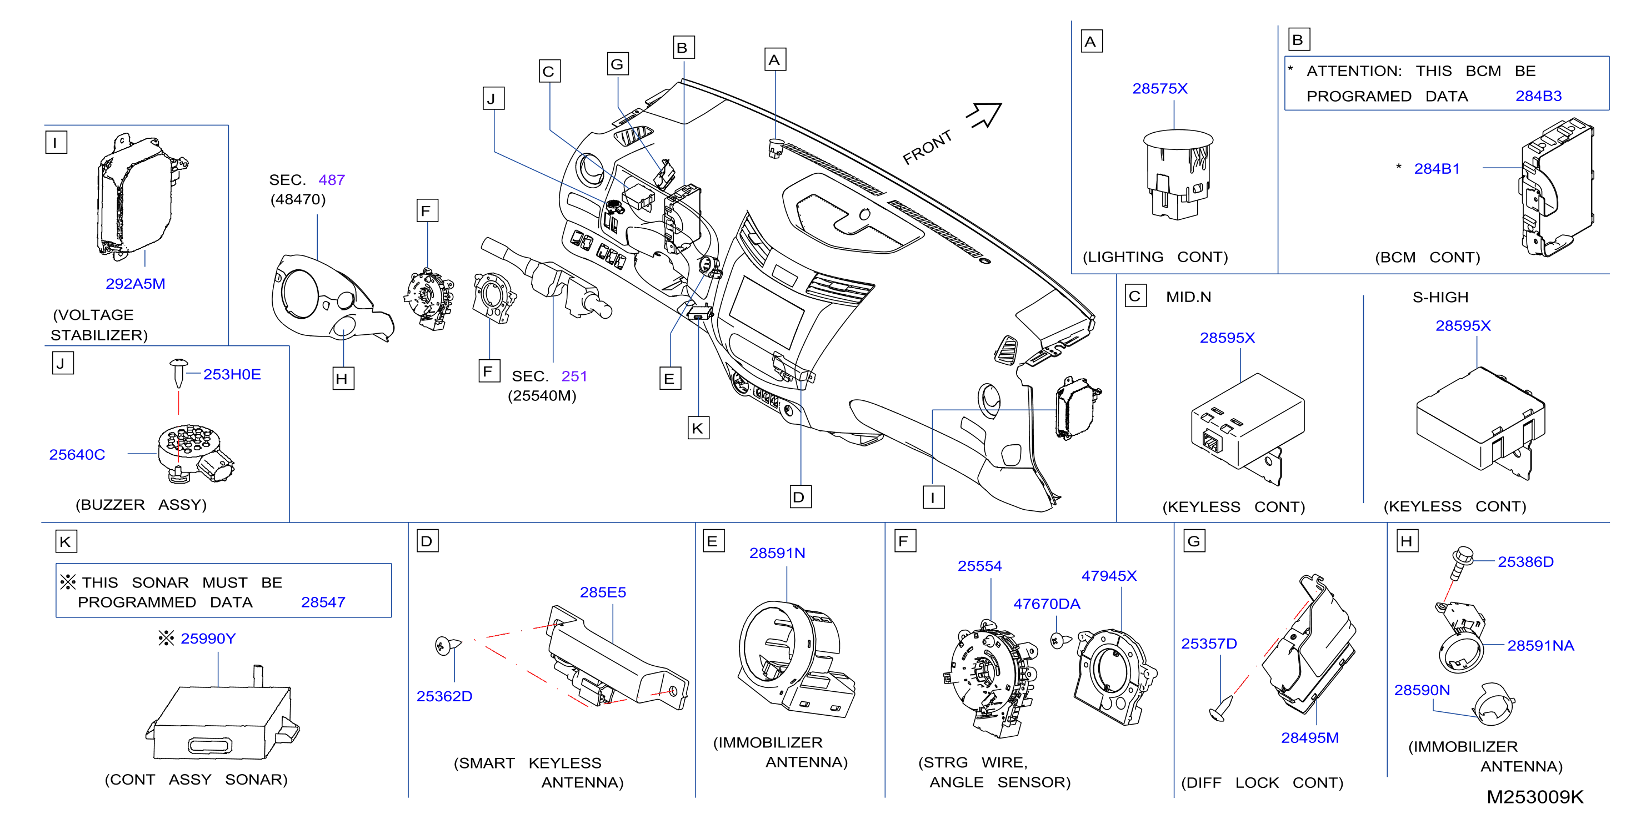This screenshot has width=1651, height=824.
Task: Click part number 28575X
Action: click(1159, 88)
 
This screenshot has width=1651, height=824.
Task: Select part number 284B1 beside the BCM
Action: click(1437, 168)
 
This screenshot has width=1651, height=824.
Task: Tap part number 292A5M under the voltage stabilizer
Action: click(135, 283)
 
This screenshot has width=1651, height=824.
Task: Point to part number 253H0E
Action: click(232, 374)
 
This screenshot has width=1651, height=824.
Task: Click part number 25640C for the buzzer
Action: click(77, 454)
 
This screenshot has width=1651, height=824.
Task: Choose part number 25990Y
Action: click(208, 638)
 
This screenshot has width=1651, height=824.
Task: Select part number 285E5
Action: click(603, 592)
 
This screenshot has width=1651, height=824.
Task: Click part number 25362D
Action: click(444, 696)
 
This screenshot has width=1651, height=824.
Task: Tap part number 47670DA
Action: click(1047, 604)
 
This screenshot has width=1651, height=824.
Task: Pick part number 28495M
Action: click(1309, 737)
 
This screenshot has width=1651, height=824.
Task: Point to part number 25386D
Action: click(1525, 561)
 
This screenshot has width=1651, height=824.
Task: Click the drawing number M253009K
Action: click(1534, 796)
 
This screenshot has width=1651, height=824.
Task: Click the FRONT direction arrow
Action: click(984, 115)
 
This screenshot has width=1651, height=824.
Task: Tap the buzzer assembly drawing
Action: click(195, 453)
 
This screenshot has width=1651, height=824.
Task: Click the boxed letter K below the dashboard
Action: click(697, 428)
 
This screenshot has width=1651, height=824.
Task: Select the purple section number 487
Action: click(331, 180)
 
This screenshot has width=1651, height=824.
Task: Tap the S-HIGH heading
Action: click(1440, 297)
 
